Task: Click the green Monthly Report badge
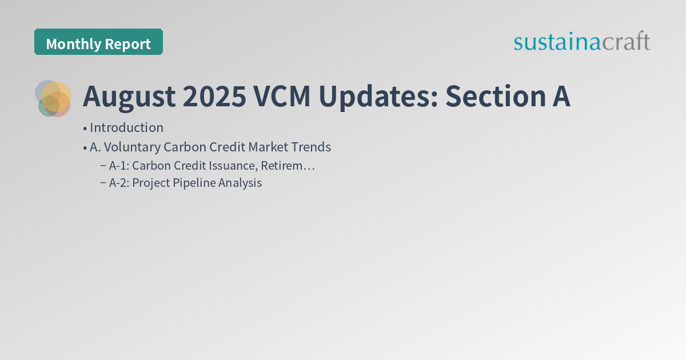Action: (x=98, y=42)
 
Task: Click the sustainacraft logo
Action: (x=581, y=42)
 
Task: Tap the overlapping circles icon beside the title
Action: (x=53, y=98)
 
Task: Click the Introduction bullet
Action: (x=126, y=127)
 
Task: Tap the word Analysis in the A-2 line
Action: (x=240, y=183)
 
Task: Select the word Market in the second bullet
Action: (x=266, y=147)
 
